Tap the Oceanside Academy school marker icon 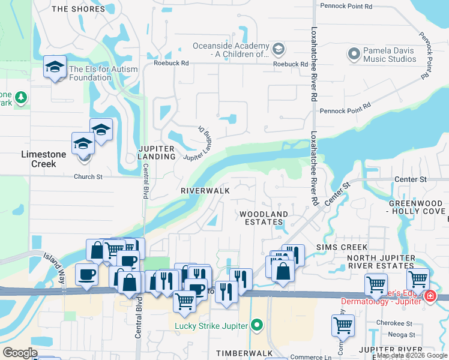(278, 48)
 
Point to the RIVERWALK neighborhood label (205, 190)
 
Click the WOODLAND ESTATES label (264, 218)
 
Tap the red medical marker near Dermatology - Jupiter (430, 296)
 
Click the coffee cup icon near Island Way (86, 274)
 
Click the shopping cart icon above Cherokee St (342, 325)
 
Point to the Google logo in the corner (20, 353)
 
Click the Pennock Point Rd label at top (346, 7)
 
